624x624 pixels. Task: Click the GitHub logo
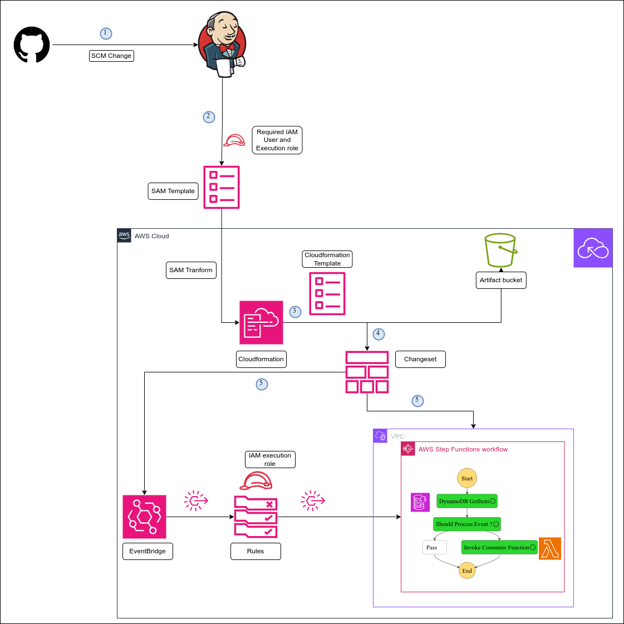[x=32, y=45]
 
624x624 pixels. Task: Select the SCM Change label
[x=111, y=56]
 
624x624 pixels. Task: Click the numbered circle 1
[x=106, y=33]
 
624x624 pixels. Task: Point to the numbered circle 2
[x=209, y=117]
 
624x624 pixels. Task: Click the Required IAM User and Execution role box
[x=277, y=140]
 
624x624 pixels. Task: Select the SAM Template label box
[x=173, y=191]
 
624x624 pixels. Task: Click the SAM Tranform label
[x=191, y=270]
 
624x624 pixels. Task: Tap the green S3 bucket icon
[x=500, y=250]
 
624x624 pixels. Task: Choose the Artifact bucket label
[x=501, y=280]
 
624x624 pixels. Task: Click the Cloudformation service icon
[x=261, y=322]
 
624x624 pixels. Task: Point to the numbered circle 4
[x=379, y=334]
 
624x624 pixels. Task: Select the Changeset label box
[x=420, y=359]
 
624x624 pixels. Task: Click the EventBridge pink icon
[x=144, y=517]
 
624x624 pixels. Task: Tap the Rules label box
[x=256, y=551]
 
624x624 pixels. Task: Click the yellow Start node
[x=467, y=478]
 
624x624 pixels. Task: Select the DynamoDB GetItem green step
[x=466, y=501]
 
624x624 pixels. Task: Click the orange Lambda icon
[x=550, y=548]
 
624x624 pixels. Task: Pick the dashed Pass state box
[x=434, y=547]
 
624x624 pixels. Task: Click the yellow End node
[x=467, y=571]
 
